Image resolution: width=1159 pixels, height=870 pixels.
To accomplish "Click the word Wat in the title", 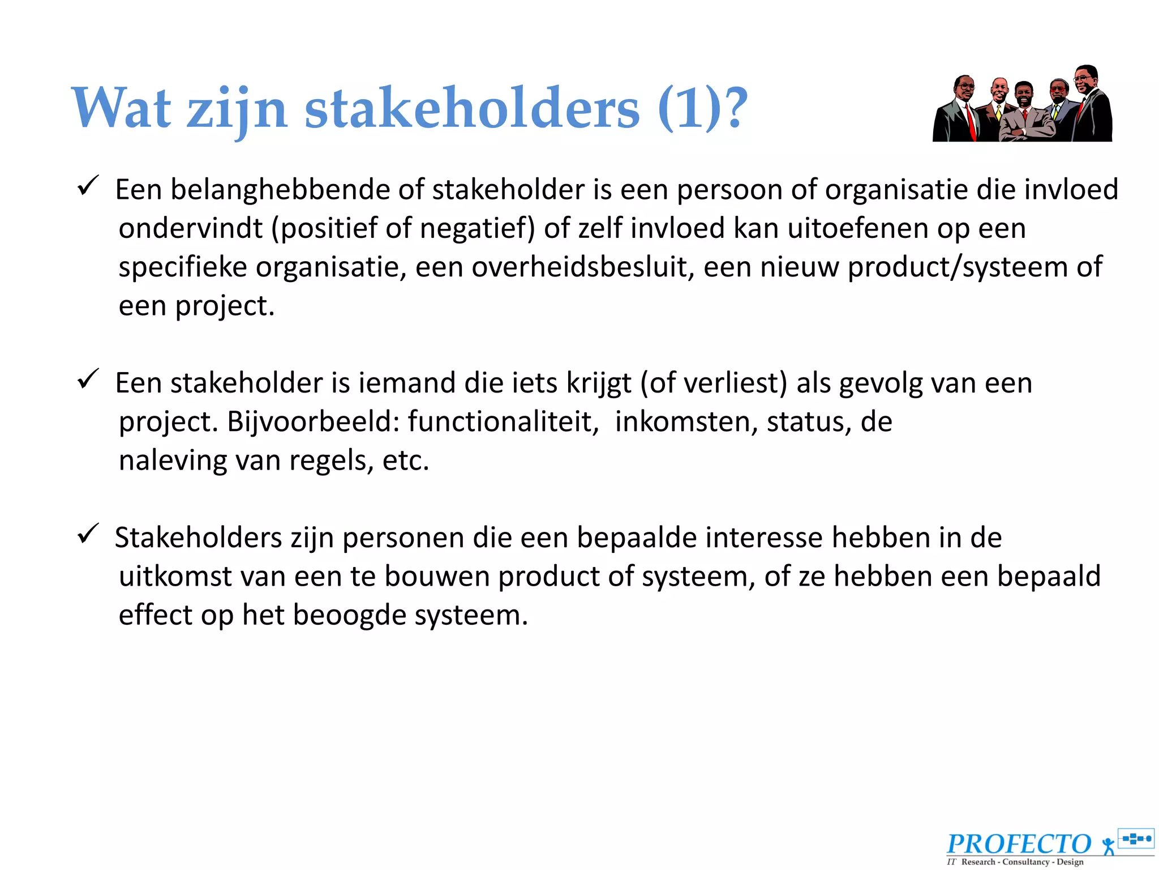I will tap(121, 108).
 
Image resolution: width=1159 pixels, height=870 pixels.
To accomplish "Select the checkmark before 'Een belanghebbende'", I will tap(88, 186).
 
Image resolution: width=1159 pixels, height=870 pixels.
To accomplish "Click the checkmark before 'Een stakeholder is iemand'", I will tap(88, 379).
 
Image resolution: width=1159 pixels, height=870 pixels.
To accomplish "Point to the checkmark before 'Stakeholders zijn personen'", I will tap(88, 534).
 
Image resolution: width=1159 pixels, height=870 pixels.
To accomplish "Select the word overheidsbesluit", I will tap(583, 267).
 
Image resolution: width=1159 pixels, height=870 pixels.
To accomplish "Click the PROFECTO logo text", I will tap(1019, 844).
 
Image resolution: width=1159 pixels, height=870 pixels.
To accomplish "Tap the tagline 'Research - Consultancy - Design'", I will tap(1022, 862).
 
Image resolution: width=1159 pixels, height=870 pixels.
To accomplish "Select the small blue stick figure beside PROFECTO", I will tap(1108, 846).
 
